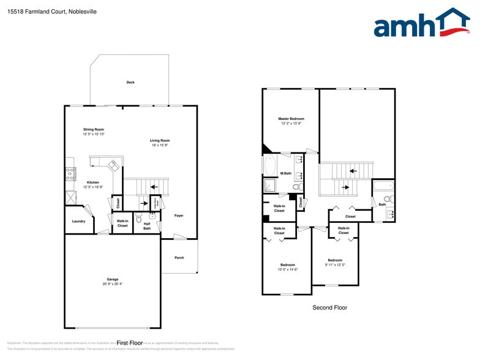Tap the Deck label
pyautogui.click(x=130, y=82)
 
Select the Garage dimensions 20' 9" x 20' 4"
pyautogui.click(x=113, y=284)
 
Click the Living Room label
pyautogui.click(x=160, y=141)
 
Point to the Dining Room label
pyautogui.click(x=94, y=129)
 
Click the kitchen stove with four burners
pyautogui.click(x=70, y=173)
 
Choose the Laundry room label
pyautogui.click(x=78, y=221)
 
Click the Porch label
pyautogui.click(x=179, y=258)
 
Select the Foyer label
pyautogui.click(x=179, y=216)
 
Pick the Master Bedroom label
pyautogui.click(x=291, y=119)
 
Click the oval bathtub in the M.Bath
pyautogui.click(x=270, y=165)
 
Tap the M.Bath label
pyautogui.click(x=285, y=173)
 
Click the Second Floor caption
pyautogui.click(x=329, y=307)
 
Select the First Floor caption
pyautogui.click(x=129, y=343)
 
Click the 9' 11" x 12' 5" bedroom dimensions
pyautogui.click(x=335, y=264)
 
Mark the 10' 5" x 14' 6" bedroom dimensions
pyautogui.click(x=287, y=269)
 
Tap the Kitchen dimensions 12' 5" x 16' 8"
pyautogui.click(x=93, y=187)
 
